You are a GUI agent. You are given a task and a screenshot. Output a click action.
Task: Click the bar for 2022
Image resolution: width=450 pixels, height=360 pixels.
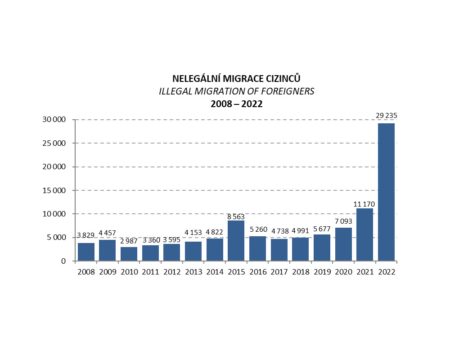coord(386,192)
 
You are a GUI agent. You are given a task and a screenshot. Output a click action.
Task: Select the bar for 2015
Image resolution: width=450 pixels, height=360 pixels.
coord(236,241)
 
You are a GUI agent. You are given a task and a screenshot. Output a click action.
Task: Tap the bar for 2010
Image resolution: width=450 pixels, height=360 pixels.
coord(129,254)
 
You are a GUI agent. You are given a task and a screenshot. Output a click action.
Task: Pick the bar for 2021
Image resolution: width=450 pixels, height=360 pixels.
coord(364,234)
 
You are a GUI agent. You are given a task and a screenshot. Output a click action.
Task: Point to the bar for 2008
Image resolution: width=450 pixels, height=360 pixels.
coord(86,252)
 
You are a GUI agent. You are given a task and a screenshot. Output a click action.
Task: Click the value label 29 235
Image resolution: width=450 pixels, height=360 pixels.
coord(386,116)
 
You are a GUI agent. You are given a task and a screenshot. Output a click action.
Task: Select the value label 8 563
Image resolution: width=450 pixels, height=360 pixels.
coord(236,216)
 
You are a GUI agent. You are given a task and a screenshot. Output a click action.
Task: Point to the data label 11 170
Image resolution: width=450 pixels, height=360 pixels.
coord(364,204)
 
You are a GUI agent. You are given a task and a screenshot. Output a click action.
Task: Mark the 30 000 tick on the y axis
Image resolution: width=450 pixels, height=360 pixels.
coord(53,120)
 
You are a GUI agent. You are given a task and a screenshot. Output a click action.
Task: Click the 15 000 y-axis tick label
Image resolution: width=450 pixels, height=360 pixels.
coord(53,190)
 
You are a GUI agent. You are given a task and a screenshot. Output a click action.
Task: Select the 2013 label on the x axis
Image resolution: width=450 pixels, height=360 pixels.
coord(193,272)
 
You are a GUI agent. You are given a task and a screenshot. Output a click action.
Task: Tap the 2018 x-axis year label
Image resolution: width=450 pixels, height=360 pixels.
coord(301,272)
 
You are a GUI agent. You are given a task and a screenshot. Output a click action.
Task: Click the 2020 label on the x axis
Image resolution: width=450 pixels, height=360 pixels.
coord(343,272)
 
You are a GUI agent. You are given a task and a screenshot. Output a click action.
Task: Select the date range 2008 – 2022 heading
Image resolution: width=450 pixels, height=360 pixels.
coord(237,104)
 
